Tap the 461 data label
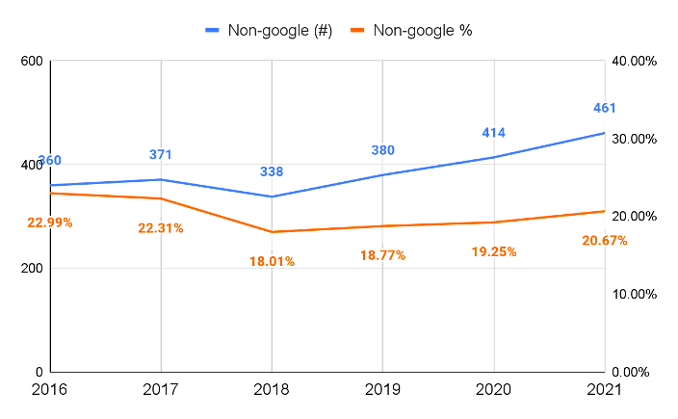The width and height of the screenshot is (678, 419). tap(604, 108)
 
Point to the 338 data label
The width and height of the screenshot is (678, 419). tap(272, 171)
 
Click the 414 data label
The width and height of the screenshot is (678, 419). tap(494, 132)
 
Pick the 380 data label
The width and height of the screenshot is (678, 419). tap(382, 150)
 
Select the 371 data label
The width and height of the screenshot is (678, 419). tap(161, 154)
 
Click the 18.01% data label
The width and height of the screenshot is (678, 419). tap(272, 261)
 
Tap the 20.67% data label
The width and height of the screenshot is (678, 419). tap(605, 240)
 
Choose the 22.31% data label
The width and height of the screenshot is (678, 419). tap(161, 228)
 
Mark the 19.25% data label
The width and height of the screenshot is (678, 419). tap(494, 251)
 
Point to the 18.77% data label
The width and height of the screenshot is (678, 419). tap(382, 255)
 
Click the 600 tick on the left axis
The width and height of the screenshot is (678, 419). tap(33, 62)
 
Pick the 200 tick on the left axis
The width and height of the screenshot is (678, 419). tap(33, 269)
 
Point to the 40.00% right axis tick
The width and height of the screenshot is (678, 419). tap(635, 62)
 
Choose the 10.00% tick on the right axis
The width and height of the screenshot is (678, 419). tap(635, 295)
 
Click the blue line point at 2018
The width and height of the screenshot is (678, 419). tap(272, 196)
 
